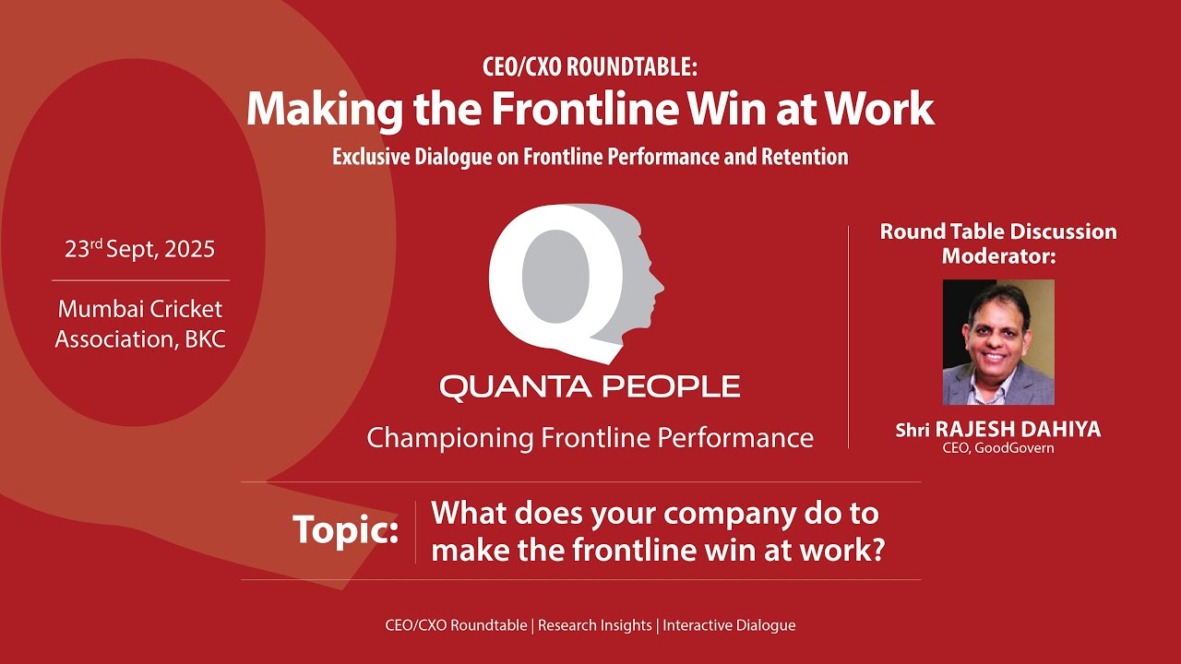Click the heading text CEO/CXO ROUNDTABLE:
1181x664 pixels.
click(x=590, y=67)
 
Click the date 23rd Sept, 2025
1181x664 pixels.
click(x=139, y=249)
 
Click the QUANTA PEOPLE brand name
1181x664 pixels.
click(x=590, y=386)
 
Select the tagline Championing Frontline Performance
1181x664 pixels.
click(x=590, y=437)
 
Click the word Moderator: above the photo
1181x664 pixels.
click(x=998, y=256)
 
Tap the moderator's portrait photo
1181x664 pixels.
click(x=998, y=342)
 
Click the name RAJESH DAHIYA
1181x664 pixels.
click(x=1019, y=430)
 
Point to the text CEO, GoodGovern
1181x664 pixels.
click(x=998, y=448)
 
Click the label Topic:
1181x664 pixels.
click(x=346, y=530)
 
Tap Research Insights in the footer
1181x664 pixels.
click(x=595, y=625)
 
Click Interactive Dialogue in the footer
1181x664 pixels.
click(x=729, y=625)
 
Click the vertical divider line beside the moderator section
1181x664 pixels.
click(x=849, y=337)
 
